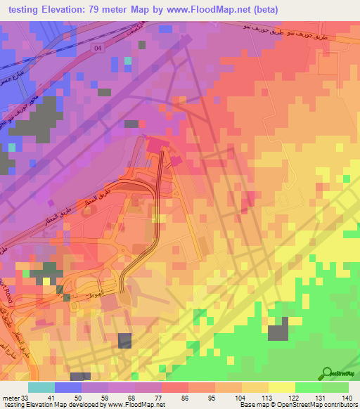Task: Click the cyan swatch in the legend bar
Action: [41, 387]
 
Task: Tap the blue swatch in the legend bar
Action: [68, 387]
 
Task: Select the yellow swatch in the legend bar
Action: [281, 387]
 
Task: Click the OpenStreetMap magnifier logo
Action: [327, 373]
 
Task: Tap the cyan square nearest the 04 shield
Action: [128, 61]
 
